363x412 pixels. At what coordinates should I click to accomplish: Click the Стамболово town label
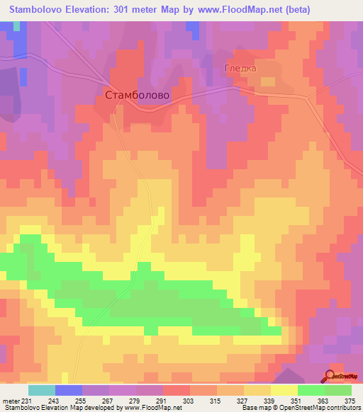point(138,94)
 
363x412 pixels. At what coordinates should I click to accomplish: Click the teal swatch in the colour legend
point(42,390)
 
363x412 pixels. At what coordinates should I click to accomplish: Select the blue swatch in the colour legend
point(69,390)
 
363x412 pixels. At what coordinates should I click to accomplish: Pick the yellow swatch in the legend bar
point(284,390)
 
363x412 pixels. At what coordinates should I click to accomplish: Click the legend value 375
point(352,401)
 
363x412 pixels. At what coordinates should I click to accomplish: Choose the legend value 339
point(270,401)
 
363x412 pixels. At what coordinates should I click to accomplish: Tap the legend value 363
point(324,401)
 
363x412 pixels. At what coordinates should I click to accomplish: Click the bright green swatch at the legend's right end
point(337,390)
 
